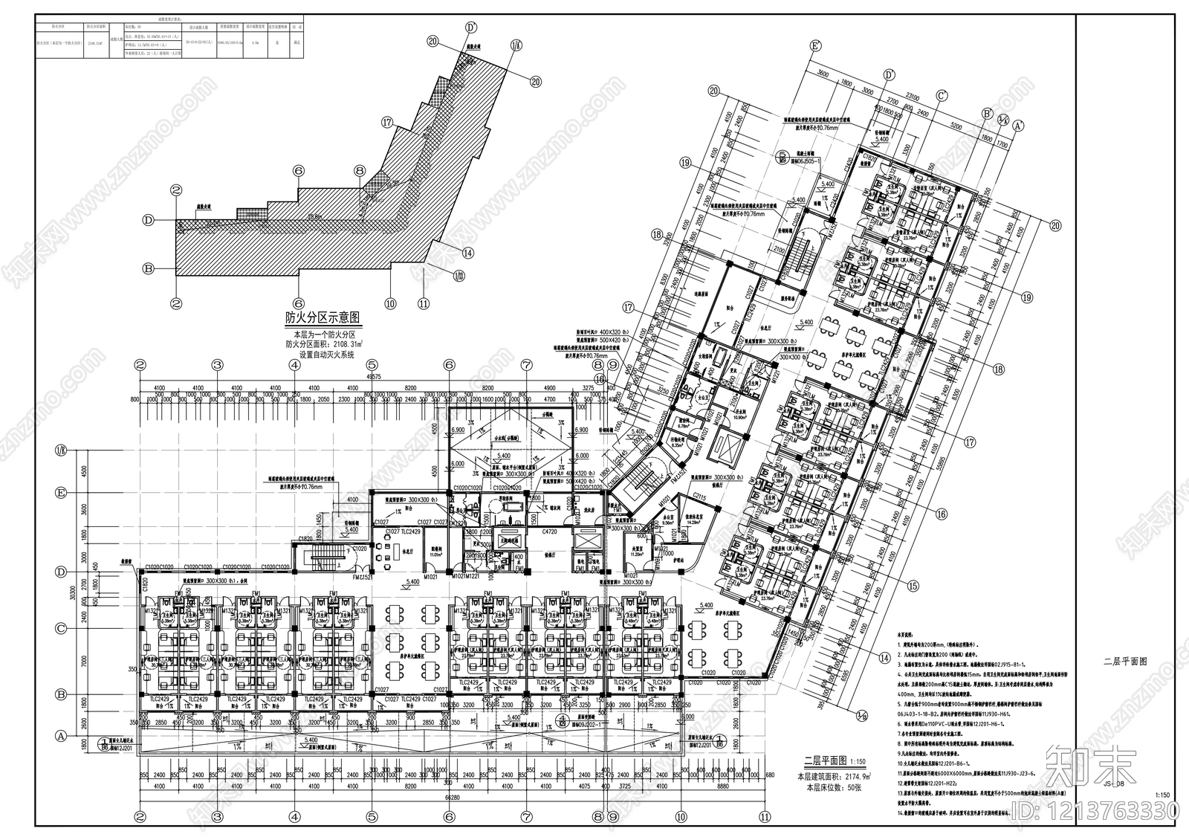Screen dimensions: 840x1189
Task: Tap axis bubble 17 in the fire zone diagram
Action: [386, 123]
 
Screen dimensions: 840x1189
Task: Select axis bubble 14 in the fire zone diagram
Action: [467, 253]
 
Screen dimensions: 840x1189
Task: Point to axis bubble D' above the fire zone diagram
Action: [471, 28]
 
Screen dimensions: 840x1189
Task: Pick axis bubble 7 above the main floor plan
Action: [526, 365]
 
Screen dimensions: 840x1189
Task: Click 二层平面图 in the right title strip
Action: [1125, 660]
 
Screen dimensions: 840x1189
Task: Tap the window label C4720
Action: [550, 532]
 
